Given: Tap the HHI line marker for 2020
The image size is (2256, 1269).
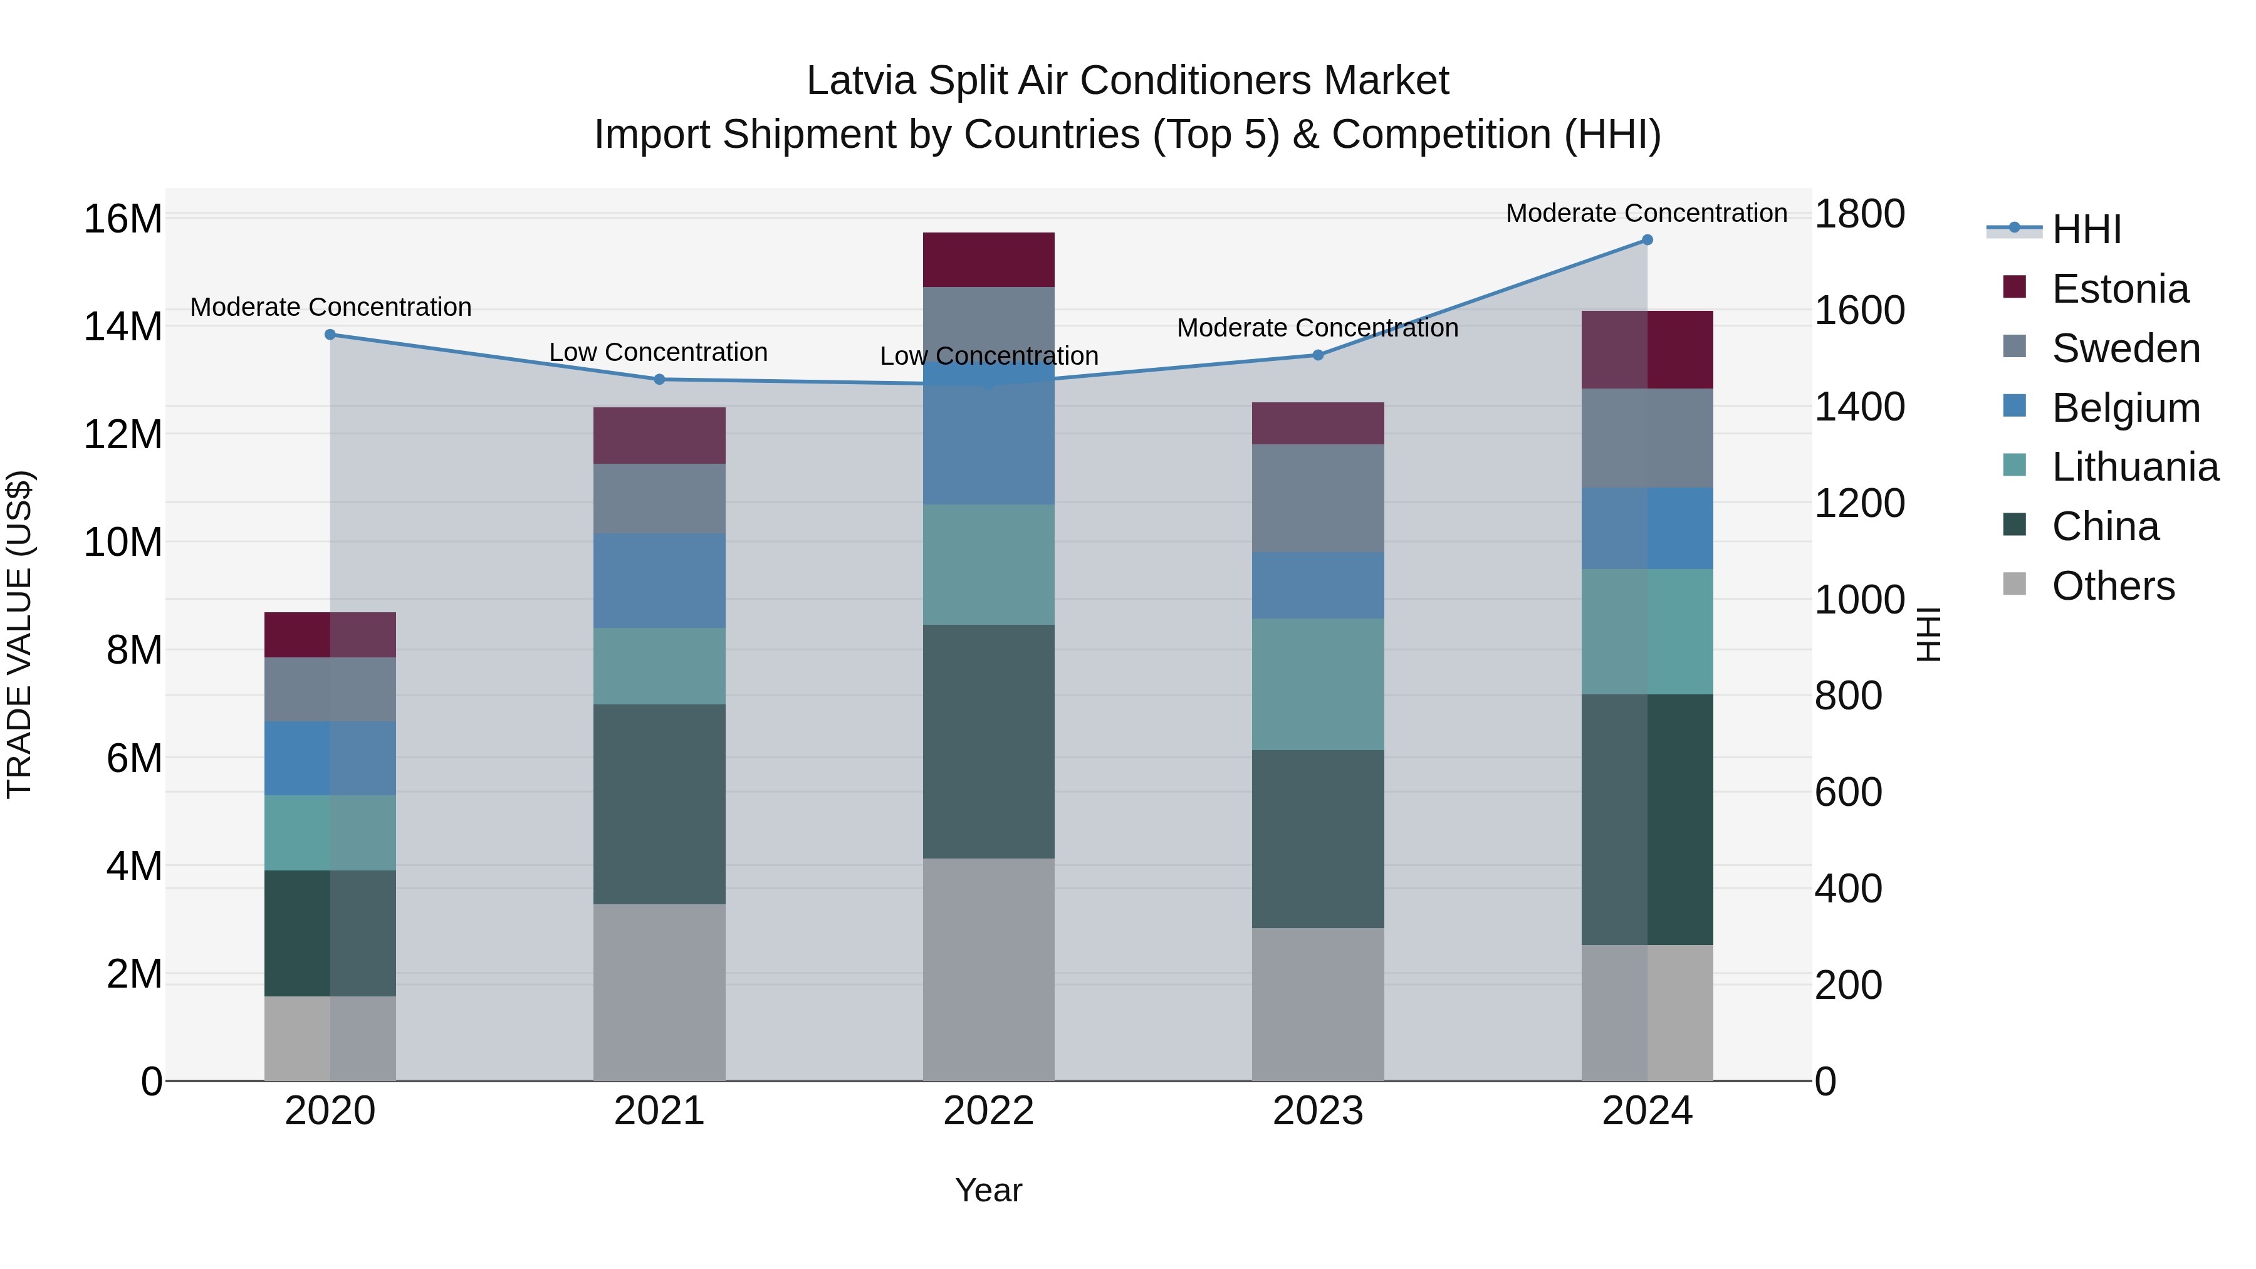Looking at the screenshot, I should coord(330,335).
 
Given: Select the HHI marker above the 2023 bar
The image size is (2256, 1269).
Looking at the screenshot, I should coord(1317,355).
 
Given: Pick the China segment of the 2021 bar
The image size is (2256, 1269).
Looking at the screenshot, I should coord(659,804).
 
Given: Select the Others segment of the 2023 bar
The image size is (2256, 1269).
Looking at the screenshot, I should coord(1317,1004).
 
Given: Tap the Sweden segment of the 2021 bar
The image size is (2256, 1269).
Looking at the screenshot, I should coord(659,498).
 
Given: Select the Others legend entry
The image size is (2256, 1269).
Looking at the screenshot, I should coord(2112,586).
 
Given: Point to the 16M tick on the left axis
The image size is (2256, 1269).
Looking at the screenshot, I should coord(123,219).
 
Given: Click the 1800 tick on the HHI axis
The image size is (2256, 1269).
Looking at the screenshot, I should coord(1859,214).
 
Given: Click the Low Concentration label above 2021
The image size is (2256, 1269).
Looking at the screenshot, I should coord(658,352).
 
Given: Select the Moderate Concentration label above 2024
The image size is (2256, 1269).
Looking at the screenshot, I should coord(1646,213).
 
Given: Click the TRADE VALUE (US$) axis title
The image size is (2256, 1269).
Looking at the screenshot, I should coord(19,634).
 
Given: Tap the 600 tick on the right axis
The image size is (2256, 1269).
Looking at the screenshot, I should coord(1848,793).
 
